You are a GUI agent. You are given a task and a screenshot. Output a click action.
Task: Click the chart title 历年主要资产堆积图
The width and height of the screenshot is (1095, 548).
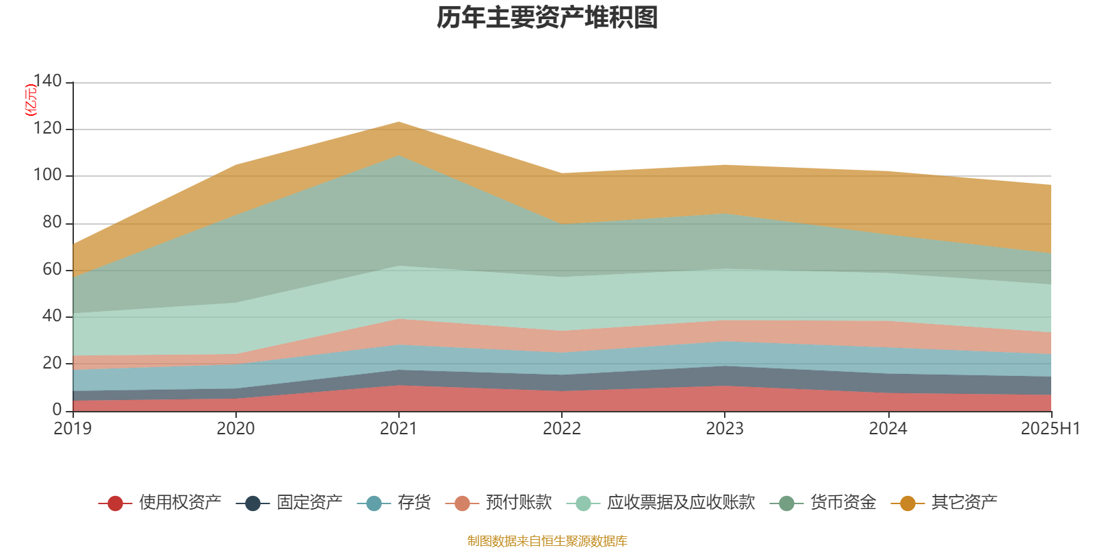tap(547, 18)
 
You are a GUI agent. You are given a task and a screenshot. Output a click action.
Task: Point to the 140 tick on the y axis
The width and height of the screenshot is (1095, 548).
tap(47, 82)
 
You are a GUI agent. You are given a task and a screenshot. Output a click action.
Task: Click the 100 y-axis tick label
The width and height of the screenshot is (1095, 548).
tap(47, 175)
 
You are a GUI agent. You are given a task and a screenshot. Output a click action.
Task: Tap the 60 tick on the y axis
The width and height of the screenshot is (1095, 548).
tap(52, 269)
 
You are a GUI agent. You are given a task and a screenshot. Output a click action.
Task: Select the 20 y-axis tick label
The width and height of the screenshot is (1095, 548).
tap(52, 363)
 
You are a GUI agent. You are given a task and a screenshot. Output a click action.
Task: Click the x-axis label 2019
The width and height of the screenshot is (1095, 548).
tap(73, 429)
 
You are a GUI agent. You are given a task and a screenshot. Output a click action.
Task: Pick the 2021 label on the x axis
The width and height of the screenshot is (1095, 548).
tap(398, 429)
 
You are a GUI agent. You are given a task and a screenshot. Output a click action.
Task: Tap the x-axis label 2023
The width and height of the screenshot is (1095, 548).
tap(725, 429)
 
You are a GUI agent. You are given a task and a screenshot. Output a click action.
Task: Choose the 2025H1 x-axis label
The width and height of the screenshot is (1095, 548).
tap(1050, 429)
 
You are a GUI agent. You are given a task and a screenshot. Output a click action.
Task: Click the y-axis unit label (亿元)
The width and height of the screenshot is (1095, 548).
tap(31, 100)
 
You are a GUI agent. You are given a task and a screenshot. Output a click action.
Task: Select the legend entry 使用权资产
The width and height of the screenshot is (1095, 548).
tap(180, 503)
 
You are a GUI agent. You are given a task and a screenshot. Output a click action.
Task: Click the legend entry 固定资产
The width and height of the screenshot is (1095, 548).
tap(309, 503)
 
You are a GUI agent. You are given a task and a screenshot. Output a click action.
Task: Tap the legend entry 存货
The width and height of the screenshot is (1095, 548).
tap(414, 503)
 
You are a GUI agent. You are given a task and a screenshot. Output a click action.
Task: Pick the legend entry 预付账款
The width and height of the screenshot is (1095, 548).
tap(519, 503)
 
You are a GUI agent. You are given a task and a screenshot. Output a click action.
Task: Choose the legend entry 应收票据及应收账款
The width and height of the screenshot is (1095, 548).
tap(680, 503)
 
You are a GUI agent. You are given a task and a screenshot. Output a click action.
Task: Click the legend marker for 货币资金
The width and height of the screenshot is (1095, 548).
tap(786, 503)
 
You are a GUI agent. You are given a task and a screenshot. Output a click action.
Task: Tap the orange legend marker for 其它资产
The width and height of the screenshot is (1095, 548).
tap(907, 503)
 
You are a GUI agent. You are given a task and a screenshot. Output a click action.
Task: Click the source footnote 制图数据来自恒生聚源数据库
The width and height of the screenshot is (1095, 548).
tap(547, 541)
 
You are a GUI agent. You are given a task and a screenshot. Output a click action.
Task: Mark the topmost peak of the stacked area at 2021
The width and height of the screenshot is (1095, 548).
tap(398, 122)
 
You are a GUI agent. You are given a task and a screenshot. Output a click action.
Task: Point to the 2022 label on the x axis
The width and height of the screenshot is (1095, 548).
tap(562, 429)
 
